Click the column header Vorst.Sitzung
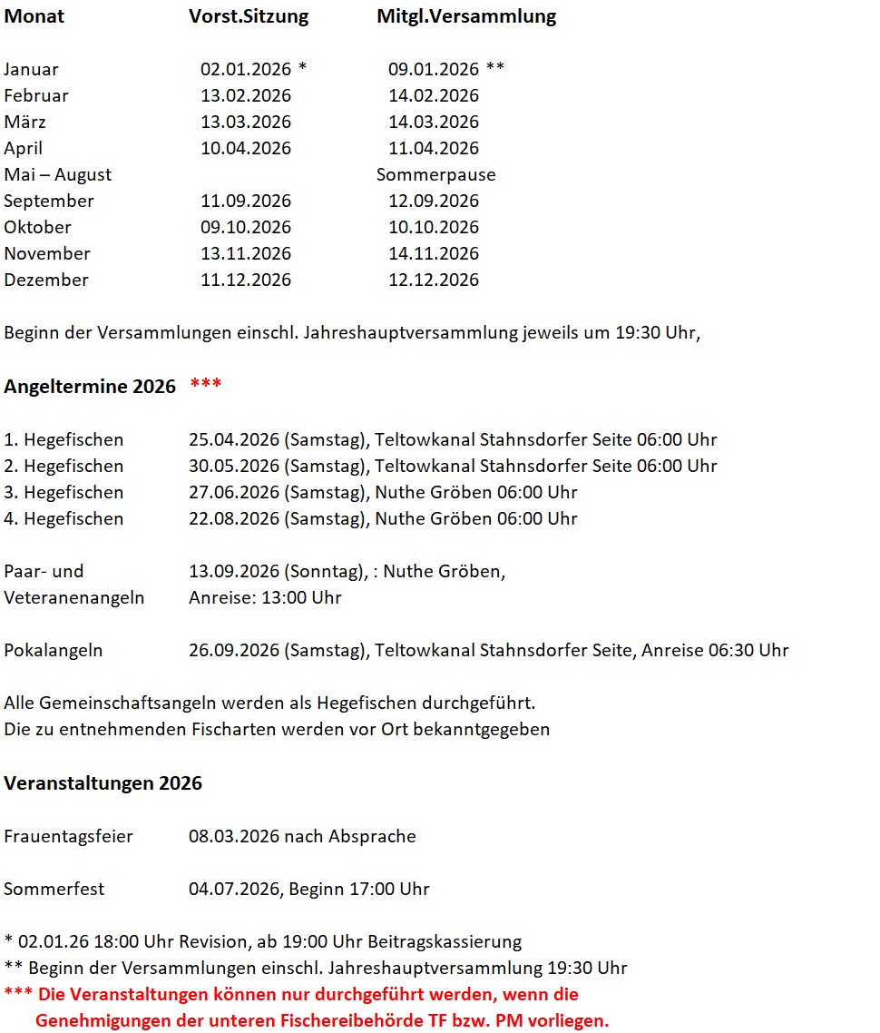click(x=249, y=16)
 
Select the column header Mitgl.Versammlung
click(x=466, y=16)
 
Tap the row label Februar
click(x=36, y=95)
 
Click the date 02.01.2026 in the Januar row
click(x=246, y=69)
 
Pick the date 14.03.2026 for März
click(x=434, y=122)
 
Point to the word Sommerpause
click(x=436, y=174)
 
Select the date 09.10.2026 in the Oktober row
click(x=246, y=227)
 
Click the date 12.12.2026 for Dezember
click(x=434, y=280)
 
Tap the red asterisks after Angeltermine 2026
click(x=206, y=385)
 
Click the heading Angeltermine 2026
click(x=90, y=387)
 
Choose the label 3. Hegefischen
click(x=64, y=492)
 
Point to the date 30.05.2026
click(x=234, y=466)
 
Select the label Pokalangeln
click(x=54, y=650)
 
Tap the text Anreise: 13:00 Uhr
click(x=265, y=597)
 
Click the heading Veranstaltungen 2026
click(x=103, y=782)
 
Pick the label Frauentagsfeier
click(x=68, y=836)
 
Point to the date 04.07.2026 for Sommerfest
click(x=234, y=889)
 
